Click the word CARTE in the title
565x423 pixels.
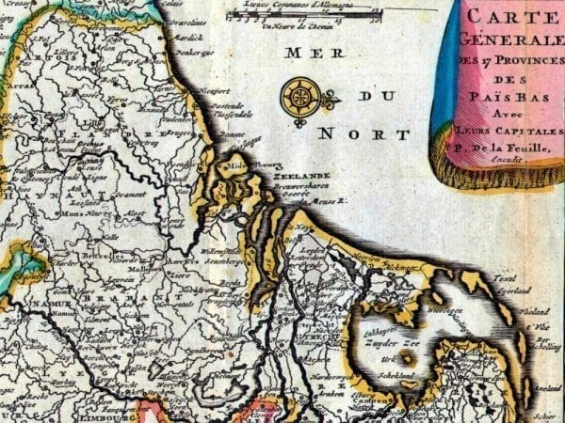click(515, 16)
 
